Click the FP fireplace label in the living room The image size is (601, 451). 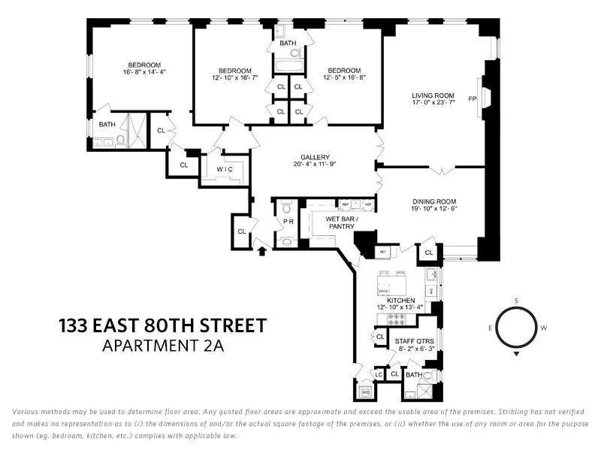point(473,98)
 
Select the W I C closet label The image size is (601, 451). point(225,169)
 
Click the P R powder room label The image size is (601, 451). point(286,222)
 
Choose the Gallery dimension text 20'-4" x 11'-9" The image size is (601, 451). point(311,165)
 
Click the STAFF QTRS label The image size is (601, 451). point(414,341)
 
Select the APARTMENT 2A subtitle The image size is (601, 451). point(163,347)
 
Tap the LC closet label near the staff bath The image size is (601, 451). point(379,374)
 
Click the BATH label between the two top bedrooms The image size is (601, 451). point(288,43)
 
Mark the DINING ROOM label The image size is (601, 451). point(433,201)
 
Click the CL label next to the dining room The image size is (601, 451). point(429,253)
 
